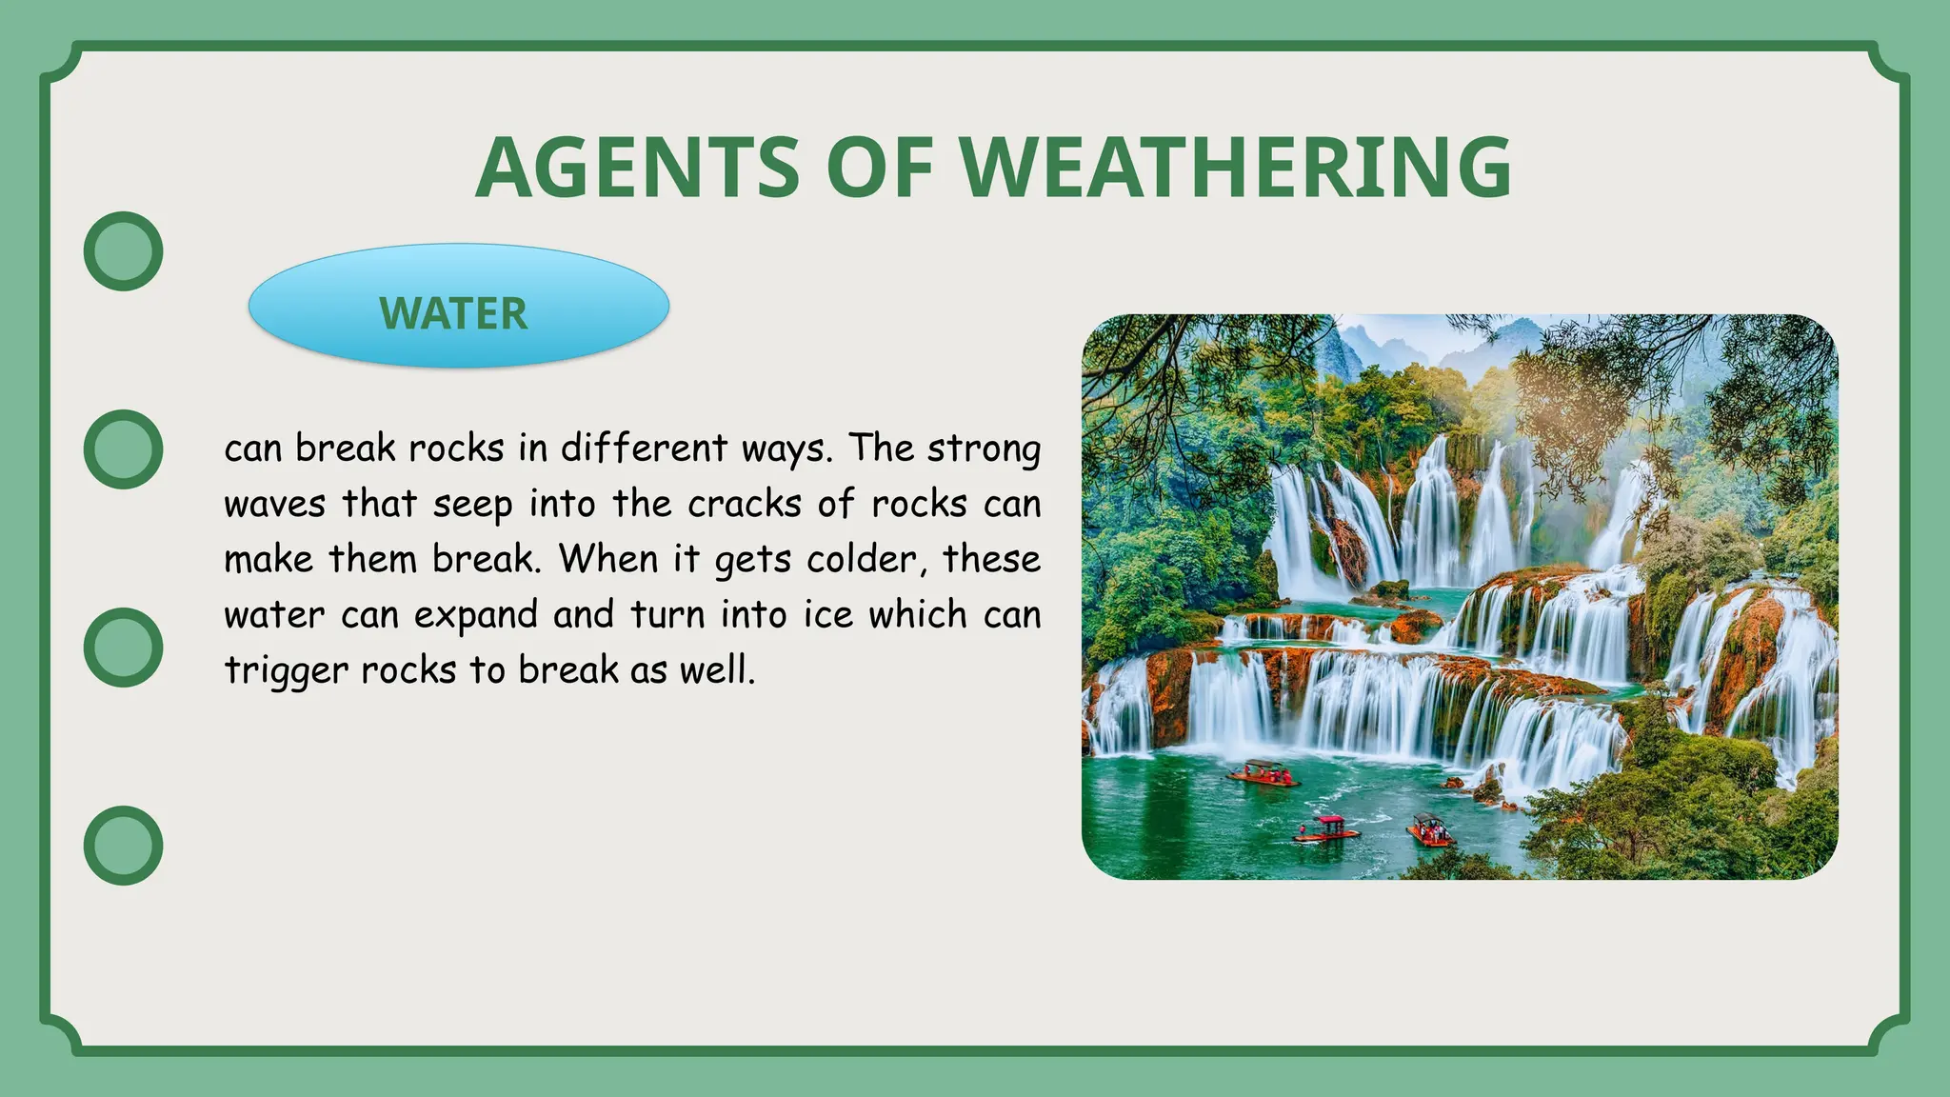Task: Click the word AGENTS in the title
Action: click(637, 168)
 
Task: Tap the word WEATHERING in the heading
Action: click(1235, 168)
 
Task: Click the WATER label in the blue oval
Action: click(454, 313)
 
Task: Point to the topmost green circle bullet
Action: click(124, 251)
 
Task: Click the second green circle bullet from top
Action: click(124, 449)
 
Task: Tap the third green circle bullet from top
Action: click(124, 648)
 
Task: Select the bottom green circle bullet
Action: click(124, 846)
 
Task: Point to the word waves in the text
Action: click(275, 504)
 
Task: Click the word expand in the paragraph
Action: click(476, 616)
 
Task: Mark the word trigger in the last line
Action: click(286, 671)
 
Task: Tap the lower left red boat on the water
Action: click(1325, 829)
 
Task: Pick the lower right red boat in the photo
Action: click(1430, 831)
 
